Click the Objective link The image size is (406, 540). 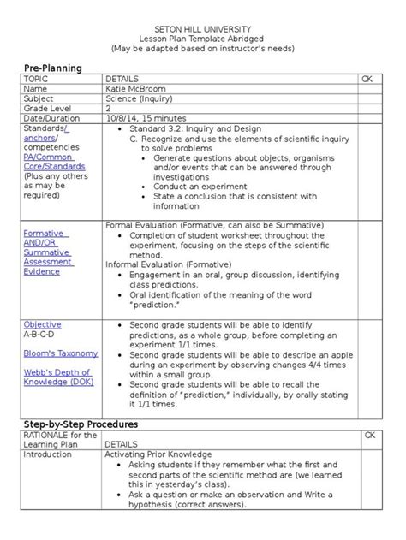pyautogui.click(x=42, y=325)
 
